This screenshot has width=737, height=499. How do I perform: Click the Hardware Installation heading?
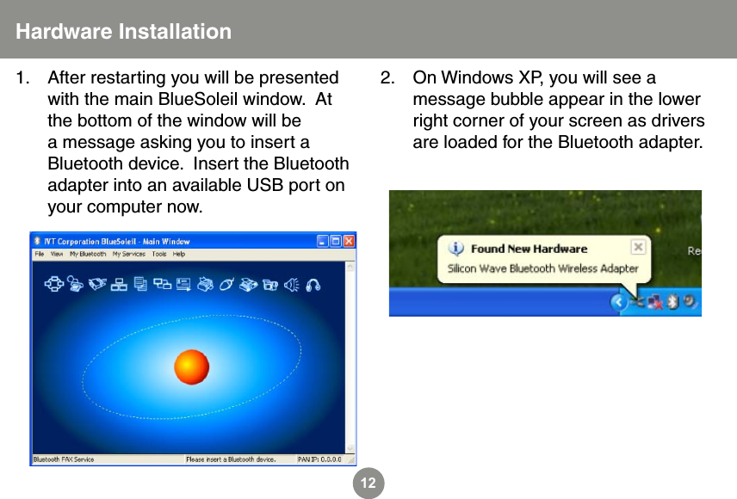pyautogui.click(x=124, y=32)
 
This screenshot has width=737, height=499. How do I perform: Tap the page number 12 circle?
pyautogui.click(x=368, y=484)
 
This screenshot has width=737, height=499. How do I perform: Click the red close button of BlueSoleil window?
pyautogui.click(x=349, y=241)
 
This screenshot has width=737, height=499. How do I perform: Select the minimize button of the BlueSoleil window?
pyautogui.click(x=323, y=241)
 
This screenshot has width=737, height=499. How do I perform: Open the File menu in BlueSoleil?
pyautogui.click(x=40, y=255)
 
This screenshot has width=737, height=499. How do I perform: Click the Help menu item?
pyautogui.click(x=179, y=255)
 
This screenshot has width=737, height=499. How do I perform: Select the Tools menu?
pyautogui.click(x=159, y=255)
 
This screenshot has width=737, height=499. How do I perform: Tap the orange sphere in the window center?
pyautogui.click(x=191, y=367)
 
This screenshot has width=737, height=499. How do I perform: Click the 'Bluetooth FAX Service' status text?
pyautogui.click(x=64, y=459)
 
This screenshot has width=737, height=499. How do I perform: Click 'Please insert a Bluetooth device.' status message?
pyautogui.click(x=231, y=459)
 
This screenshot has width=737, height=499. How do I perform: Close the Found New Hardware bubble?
pyautogui.click(x=637, y=248)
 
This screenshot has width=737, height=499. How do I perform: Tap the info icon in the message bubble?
pyautogui.click(x=457, y=249)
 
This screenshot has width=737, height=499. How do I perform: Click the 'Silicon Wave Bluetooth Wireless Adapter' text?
pyautogui.click(x=542, y=268)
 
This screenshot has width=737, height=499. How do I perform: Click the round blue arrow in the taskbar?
pyautogui.click(x=618, y=303)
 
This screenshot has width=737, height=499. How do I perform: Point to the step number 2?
pyautogui.click(x=388, y=78)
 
